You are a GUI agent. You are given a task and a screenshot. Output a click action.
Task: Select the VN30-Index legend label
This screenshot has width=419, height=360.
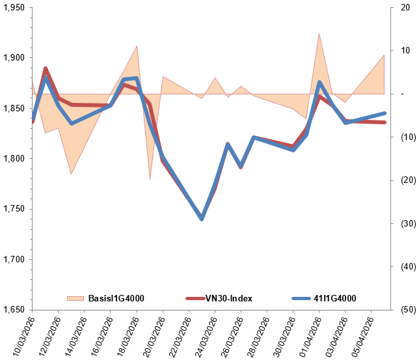click(x=228, y=298)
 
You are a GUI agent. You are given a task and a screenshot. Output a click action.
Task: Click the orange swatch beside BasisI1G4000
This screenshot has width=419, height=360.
click(x=76, y=298)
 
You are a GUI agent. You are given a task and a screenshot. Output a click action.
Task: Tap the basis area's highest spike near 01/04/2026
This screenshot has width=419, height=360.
click(x=319, y=34)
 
